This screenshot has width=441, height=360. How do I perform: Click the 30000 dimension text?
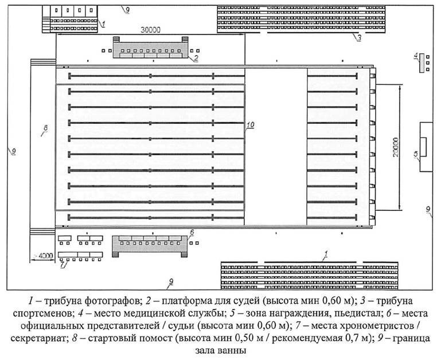click(150, 30)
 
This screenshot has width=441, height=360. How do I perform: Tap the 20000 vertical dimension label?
click(396, 147)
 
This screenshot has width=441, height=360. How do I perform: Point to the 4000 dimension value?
click(45, 256)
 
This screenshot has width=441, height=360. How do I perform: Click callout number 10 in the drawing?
click(250, 125)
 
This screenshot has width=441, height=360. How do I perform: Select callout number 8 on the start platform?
click(45, 128)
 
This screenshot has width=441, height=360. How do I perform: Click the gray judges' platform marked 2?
click(150, 50)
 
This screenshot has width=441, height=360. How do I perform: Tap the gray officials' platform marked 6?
click(150, 244)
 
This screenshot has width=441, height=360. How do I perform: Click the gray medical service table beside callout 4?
click(422, 62)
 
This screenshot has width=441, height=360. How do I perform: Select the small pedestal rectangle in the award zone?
click(423, 147)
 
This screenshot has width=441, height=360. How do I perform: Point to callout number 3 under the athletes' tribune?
click(359, 38)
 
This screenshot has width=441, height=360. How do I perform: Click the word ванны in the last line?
click(232, 351)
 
